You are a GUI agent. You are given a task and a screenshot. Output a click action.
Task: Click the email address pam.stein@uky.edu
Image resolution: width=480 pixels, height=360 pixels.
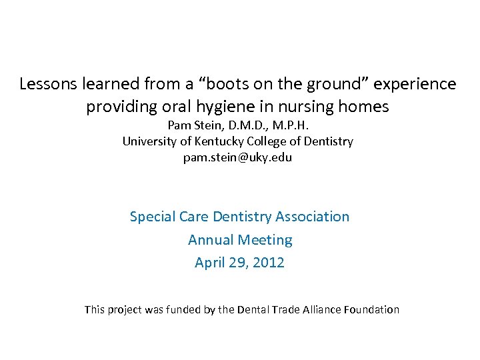pos(238,158)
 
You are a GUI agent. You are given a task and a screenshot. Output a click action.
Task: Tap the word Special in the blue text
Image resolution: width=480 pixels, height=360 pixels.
pos(151,217)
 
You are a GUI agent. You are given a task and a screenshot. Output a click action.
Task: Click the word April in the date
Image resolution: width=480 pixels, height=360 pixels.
pos(209,263)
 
